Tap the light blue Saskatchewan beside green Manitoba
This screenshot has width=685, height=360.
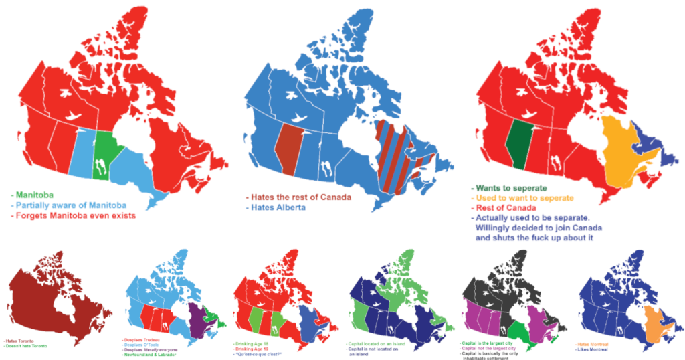(82, 153)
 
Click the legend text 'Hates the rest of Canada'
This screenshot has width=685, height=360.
(299, 197)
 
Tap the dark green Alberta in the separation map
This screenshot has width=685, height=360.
(515, 143)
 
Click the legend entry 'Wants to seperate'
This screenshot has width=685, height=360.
(512, 189)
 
